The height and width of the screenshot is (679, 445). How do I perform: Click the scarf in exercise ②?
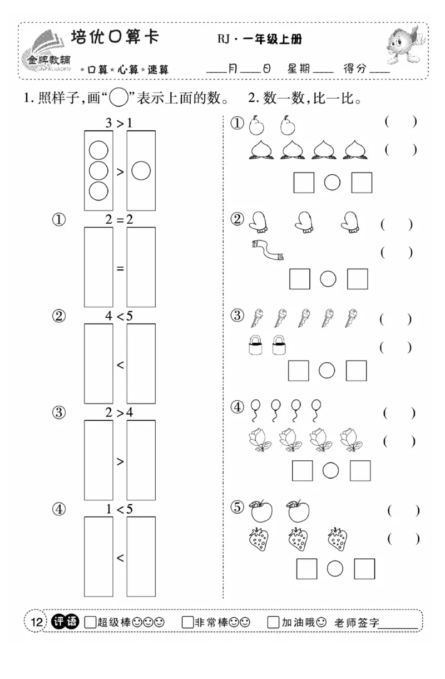pos(268,250)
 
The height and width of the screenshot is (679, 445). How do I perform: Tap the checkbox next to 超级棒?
pos(90,622)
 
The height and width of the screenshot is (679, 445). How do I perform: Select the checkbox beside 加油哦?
pos(273,622)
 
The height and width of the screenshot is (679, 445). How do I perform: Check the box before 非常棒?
pos(187,622)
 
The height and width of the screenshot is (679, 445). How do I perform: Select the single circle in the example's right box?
pos(141,171)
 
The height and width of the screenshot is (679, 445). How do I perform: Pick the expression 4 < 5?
pos(119,316)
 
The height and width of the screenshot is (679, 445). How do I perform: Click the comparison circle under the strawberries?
pos(335,568)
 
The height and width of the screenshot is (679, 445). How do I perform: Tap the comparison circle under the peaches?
pos(332,182)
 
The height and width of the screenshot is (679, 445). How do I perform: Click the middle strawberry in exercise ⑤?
pos(298,538)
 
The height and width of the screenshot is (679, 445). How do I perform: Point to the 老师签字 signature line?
pos(398,625)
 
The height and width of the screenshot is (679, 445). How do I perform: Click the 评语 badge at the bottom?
pos(66,622)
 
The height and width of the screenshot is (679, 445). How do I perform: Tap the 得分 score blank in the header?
pos(379,71)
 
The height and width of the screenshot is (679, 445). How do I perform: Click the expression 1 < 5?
pos(119,509)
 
